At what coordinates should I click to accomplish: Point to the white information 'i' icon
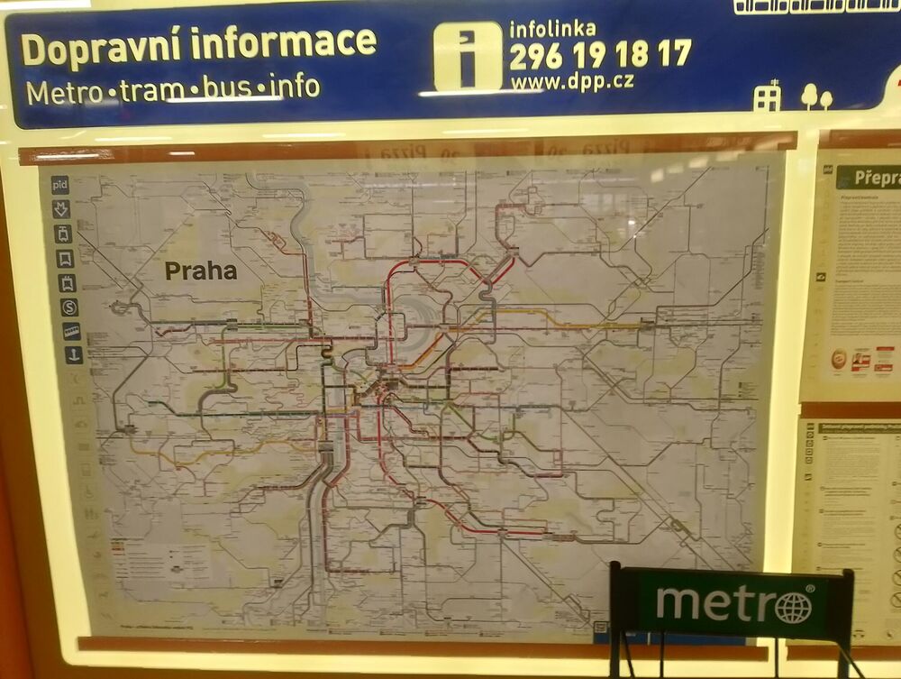tap(468, 56)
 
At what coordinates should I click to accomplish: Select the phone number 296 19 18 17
tap(600, 55)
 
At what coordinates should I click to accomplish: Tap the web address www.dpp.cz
tap(572, 81)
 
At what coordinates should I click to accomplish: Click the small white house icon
tap(767, 96)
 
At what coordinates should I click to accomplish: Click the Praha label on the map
tap(200, 271)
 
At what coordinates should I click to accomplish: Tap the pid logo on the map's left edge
tap(60, 186)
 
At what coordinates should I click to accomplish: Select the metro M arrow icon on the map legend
tap(63, 210)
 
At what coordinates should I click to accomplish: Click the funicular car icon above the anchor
tap(71, 332)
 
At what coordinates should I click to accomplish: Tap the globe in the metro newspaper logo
tap(793, 607)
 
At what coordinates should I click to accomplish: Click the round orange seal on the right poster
tap(839, 359)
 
